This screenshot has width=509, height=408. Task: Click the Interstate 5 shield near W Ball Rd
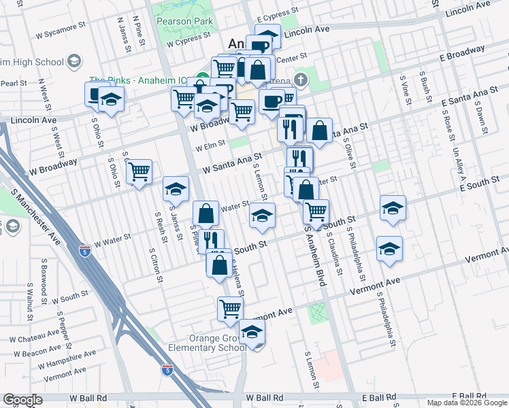167,371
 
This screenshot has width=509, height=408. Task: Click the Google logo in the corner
22,400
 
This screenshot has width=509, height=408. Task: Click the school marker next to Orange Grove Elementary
252,333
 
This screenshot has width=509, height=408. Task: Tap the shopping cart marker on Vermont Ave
231,309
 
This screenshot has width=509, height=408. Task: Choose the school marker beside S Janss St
176,189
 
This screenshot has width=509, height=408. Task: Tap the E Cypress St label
278,12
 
